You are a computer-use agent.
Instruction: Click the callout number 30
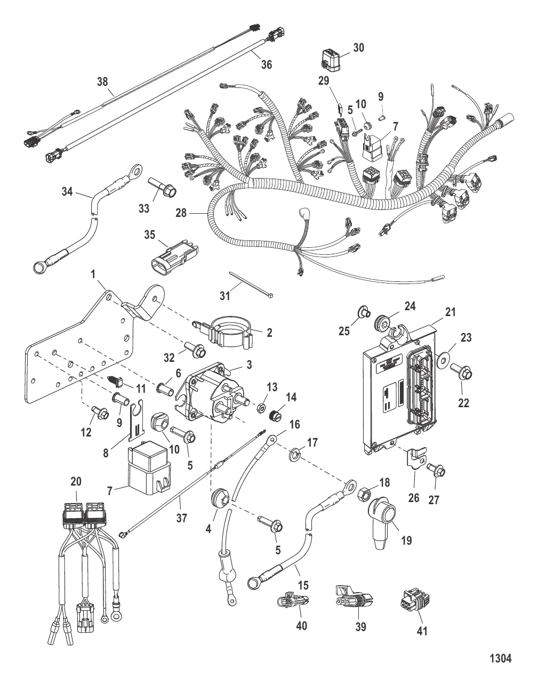tap(358, 47)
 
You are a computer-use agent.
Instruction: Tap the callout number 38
tap(102, 82)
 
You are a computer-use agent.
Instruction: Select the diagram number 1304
tap(500, 659)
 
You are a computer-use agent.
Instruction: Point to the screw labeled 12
tap(101, 412)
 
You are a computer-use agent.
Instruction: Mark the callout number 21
tap(451, 312)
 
